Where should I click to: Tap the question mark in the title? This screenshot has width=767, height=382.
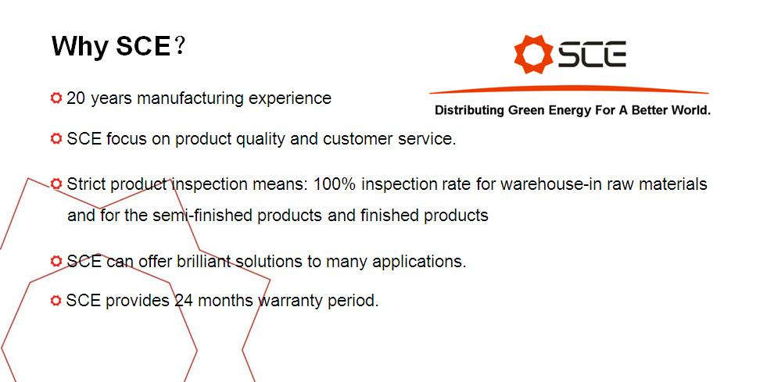click(x=180, y=45)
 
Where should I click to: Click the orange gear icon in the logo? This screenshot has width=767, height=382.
click(x=533, y=54)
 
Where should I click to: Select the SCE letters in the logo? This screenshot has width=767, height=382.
click(x=593, y=54)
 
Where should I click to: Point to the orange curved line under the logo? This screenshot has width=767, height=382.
click(x=569, y=89)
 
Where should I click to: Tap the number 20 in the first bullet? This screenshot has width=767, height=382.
click(x=77, y=98)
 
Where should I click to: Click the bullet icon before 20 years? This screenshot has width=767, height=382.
click(x=56, y=98)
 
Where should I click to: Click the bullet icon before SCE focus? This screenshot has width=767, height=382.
click(x=56, y=138)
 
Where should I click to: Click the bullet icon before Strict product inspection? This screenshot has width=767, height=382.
click(x=56, y=184)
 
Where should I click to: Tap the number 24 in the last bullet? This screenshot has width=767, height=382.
click(x=184, y=300)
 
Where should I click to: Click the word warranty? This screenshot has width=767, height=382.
click(x=286, y=301)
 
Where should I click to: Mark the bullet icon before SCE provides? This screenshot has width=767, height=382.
click(x=56, y=300)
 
